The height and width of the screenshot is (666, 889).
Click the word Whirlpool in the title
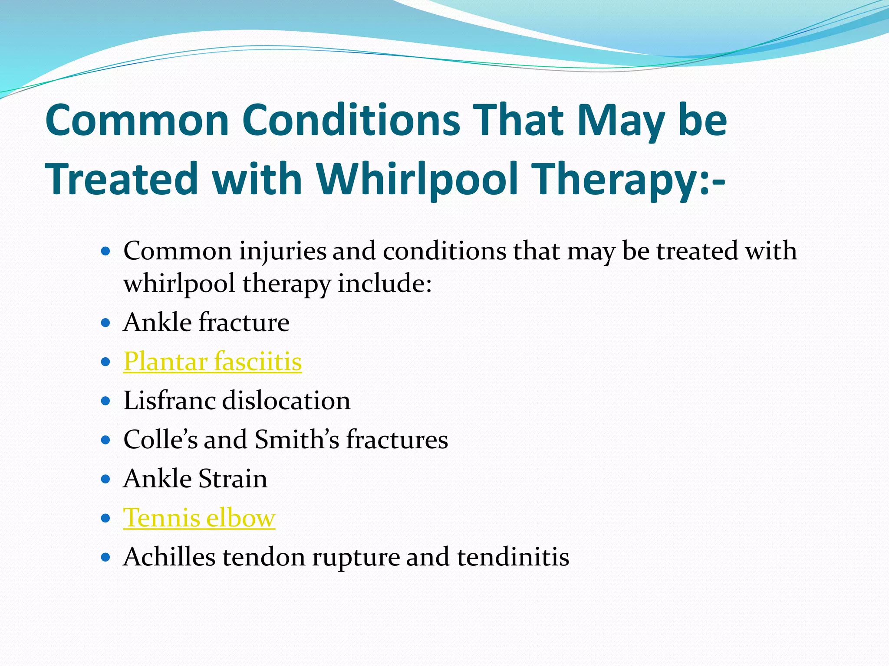coord(417,179)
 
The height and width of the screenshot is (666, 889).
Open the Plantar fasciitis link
coord(212,361)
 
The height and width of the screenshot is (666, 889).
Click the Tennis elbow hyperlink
coord(199,518)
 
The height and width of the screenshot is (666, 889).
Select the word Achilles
coord(169,557)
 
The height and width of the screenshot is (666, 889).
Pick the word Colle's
coord(160,440)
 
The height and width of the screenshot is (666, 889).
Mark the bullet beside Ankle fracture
coord(105,323)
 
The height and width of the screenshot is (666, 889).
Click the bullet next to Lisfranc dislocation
coord(105,401)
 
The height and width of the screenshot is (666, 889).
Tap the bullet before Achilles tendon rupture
coord(105,557)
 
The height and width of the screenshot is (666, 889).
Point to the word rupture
coord(356,558)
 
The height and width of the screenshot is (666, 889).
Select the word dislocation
coord(286,400)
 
